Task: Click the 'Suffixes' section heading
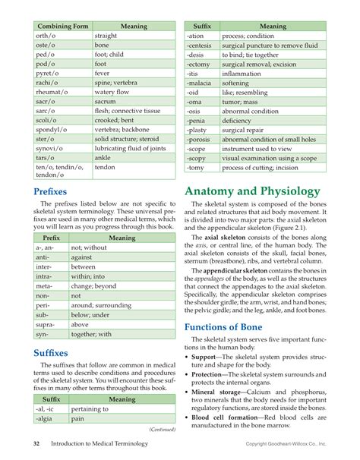[x=52, y=353]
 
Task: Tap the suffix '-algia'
[x=45, y=417]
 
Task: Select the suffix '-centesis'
[x=201, y=46]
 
